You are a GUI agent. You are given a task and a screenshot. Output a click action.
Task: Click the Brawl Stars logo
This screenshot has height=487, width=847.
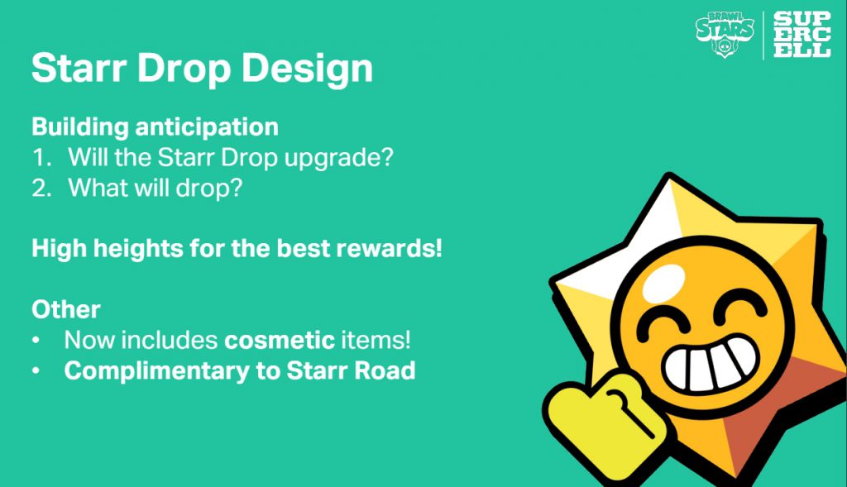coord(725,34)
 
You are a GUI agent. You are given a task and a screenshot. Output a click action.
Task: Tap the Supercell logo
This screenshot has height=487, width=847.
coord(802,35)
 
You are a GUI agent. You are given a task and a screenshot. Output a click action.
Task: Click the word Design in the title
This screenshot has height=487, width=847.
coord(307,69)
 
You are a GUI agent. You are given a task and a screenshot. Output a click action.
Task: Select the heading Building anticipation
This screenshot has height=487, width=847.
coord(155,127)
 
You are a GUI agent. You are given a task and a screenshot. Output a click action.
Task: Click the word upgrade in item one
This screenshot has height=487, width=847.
coord(338,158)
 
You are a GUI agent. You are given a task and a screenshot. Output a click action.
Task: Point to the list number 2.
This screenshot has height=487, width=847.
coord(41,188)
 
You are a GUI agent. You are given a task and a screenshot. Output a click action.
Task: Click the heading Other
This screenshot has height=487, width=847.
coord(66,309)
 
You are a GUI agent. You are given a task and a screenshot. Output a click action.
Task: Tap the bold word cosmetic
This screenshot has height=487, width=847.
coord(280,340)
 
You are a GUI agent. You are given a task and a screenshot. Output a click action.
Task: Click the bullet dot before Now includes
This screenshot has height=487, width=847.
coord(36,341)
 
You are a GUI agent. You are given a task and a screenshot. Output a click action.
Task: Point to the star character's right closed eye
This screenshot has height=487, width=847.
coord(740,306)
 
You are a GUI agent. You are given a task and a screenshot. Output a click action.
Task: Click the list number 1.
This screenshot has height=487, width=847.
coord(41,158)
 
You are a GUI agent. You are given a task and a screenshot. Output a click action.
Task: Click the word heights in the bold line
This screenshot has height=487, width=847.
coord(138,248)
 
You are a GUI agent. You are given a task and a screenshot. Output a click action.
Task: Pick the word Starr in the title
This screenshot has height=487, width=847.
coord(79,69)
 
